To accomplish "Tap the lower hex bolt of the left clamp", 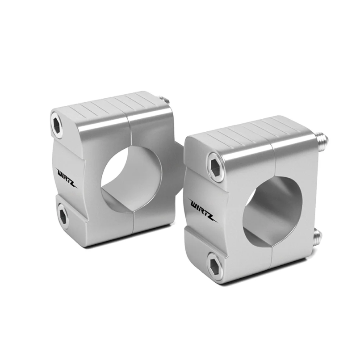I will tap(63, 216).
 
